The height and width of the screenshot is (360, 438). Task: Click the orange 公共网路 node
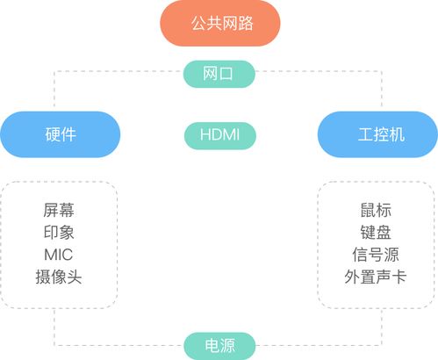tap(220, 23)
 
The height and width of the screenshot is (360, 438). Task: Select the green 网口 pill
tap(219, 74)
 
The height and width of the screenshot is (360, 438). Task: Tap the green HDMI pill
tap(220, 135)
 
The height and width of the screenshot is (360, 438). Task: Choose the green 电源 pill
tap(219, 346)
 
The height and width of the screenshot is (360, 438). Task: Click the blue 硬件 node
tap(61, 134)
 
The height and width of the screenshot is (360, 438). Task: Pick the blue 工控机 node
tap(377, 134)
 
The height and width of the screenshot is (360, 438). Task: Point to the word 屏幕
tap(59, 210)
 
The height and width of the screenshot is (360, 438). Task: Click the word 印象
tap(59, 233)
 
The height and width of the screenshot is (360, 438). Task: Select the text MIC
tap(59, 255)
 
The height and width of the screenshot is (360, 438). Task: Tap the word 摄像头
tap(59, 277)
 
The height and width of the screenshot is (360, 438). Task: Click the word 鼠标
tap(376, 210)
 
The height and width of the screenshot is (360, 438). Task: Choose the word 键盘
tap(376, 233)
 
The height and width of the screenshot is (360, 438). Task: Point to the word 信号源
tap(376, 255)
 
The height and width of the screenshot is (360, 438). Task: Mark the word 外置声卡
tap(376, 277)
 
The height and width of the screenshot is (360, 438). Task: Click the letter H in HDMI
tap(205, 135)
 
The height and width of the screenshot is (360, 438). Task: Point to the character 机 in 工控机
tap(398, 134)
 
